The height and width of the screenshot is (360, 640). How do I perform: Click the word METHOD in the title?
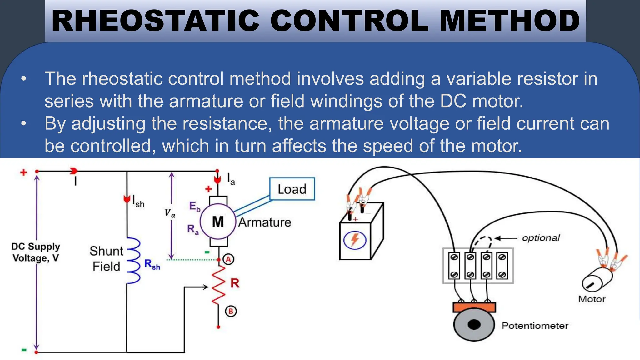[x=510, y=21]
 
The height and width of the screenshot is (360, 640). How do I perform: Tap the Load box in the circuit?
[x=292, y=189]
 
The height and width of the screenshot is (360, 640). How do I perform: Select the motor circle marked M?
[x=218, y=222]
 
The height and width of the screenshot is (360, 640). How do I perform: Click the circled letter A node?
[x=228, y=259]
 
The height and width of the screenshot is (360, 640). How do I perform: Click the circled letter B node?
[x=231, y=311]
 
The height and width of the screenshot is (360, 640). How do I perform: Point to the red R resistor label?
[x=235, y=283]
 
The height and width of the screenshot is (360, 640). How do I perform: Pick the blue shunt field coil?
[x=134, y=260]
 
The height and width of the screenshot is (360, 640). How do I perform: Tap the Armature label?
[x=265, y=222]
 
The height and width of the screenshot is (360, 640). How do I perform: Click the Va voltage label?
[x=170, y=213]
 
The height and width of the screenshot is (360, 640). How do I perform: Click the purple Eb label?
[x=194, y=207]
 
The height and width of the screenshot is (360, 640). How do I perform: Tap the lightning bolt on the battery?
[x=355, y=240]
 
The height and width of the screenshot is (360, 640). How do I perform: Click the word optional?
[x=541, y=238]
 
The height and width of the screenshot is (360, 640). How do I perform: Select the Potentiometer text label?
[x=535, y=326]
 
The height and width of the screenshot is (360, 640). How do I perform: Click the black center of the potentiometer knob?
[x=474, y=325]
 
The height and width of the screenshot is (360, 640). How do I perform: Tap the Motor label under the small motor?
[x=592, y=299]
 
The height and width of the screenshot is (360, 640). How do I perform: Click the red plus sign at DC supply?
[x=24, y=172]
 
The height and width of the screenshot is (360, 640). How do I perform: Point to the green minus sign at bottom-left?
[x=24, y=350]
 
